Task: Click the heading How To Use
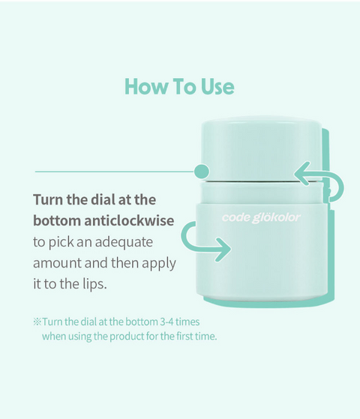pyautogui.click(x=179, y=86)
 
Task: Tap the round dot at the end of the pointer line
pyautogui.click(x=202, y=171)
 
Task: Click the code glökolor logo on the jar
pyautogui.click(x=261, y=218)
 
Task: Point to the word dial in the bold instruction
pyautogui.click(x=103, y=199)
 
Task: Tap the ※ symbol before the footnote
pyautogui.click(x=37, y=322)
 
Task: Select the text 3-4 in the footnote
pyautogui.click(x=166, y=322)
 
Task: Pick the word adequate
pyautogui.click(x=124, y=242)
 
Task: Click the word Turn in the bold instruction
pyautogui.click(x=48, y=199)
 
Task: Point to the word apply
pyautogui.click(x=159, y=264)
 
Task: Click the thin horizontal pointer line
pyautogui.click(x=115, y=172)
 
